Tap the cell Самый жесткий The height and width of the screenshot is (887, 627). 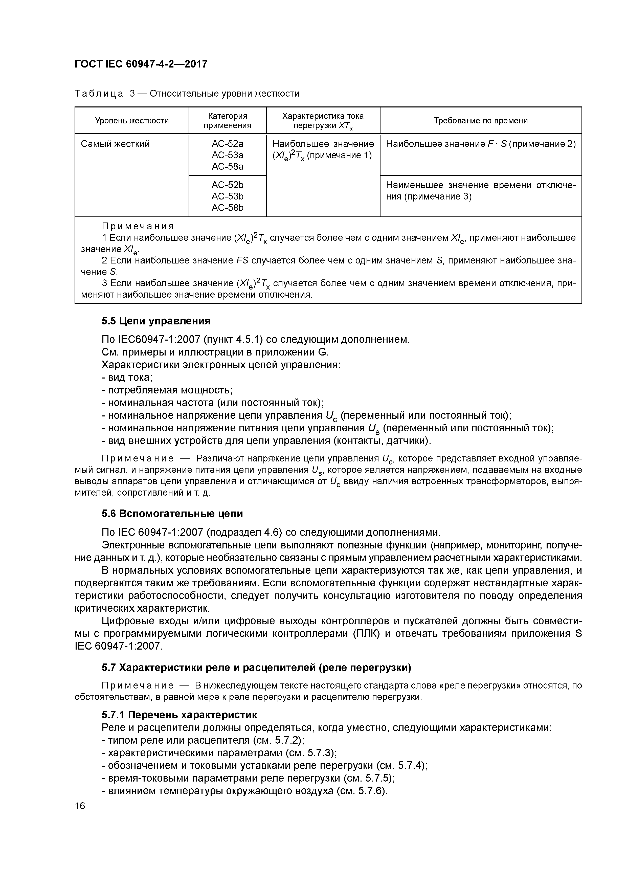coord(115,144)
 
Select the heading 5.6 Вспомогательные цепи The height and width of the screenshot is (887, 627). coord(172,514)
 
